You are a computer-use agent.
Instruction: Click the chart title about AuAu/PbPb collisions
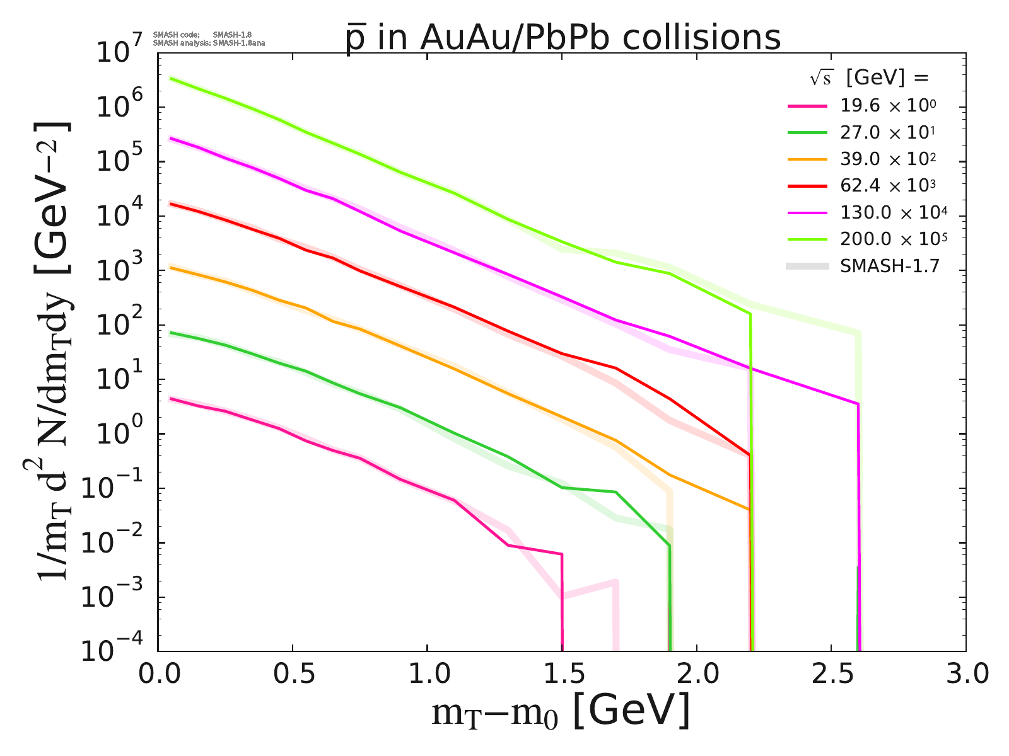563,38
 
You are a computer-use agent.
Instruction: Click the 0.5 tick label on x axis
293,675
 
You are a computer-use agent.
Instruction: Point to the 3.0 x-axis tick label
965,675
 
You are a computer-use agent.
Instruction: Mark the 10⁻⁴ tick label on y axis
117,650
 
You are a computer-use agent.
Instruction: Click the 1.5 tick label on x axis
562,675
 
